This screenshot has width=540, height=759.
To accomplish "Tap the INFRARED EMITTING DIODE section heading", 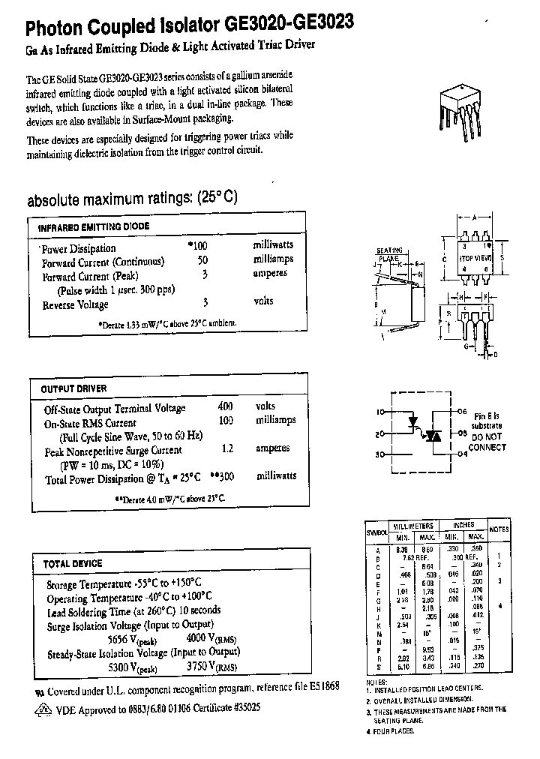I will tap(94, 226).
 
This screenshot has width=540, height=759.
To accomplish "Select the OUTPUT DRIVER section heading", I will tap(73, 388).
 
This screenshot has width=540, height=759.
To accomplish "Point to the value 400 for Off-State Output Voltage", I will tap(225, 406).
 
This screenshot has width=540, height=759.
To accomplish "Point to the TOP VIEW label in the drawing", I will tap(476, 256).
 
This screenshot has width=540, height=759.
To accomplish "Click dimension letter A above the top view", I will tap(473, 216).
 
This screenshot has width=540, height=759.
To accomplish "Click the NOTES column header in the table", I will tap(499, 529).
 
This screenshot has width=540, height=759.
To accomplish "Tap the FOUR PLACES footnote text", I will tap(393, 730).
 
